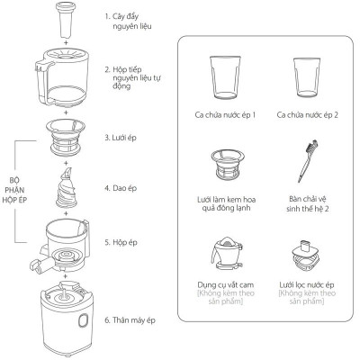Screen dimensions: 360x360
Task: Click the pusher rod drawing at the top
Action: pyautogui.click(x=66, y=20)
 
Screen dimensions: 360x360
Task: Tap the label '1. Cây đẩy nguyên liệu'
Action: pyautogui.click(x=129, y=22)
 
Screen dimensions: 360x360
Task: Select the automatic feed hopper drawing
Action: pyautogui.click(x=62, y=77)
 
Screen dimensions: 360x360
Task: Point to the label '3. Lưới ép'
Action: pyautogui.click(x=121, y=138)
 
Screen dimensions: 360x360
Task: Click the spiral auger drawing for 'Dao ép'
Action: pyautogui.click(x=67, y=187)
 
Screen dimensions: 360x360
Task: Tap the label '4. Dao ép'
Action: pyautogui.click(x=121, y=188)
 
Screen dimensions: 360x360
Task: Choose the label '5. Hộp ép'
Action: pyautogui.click(x=121, y=242)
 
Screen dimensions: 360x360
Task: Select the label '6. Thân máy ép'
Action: pyautogui.click(x=130, y=320)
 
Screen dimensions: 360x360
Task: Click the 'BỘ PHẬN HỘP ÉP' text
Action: pyautogui.click(x=14, y=190)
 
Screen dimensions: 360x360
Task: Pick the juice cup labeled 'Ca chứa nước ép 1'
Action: pyautogui.click(x=225, y=77)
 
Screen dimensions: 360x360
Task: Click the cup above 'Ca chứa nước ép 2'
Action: pyautogui.click(x=307, y=77)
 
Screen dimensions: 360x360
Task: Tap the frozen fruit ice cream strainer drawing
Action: pyautogui.click(x=227, y=165)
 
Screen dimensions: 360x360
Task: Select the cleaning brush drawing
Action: pyautogui.click(x=307, y=161)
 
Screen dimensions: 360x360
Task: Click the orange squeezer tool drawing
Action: pyautogui.click(x=227, y=253)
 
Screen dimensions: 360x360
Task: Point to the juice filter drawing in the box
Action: pyautogui.click(x=306, y=255)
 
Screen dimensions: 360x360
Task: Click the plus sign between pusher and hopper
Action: pyautogui.click(x=66, y=42)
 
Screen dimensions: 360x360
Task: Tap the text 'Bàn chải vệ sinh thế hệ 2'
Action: pyautogui.click(x=307, y=204)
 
